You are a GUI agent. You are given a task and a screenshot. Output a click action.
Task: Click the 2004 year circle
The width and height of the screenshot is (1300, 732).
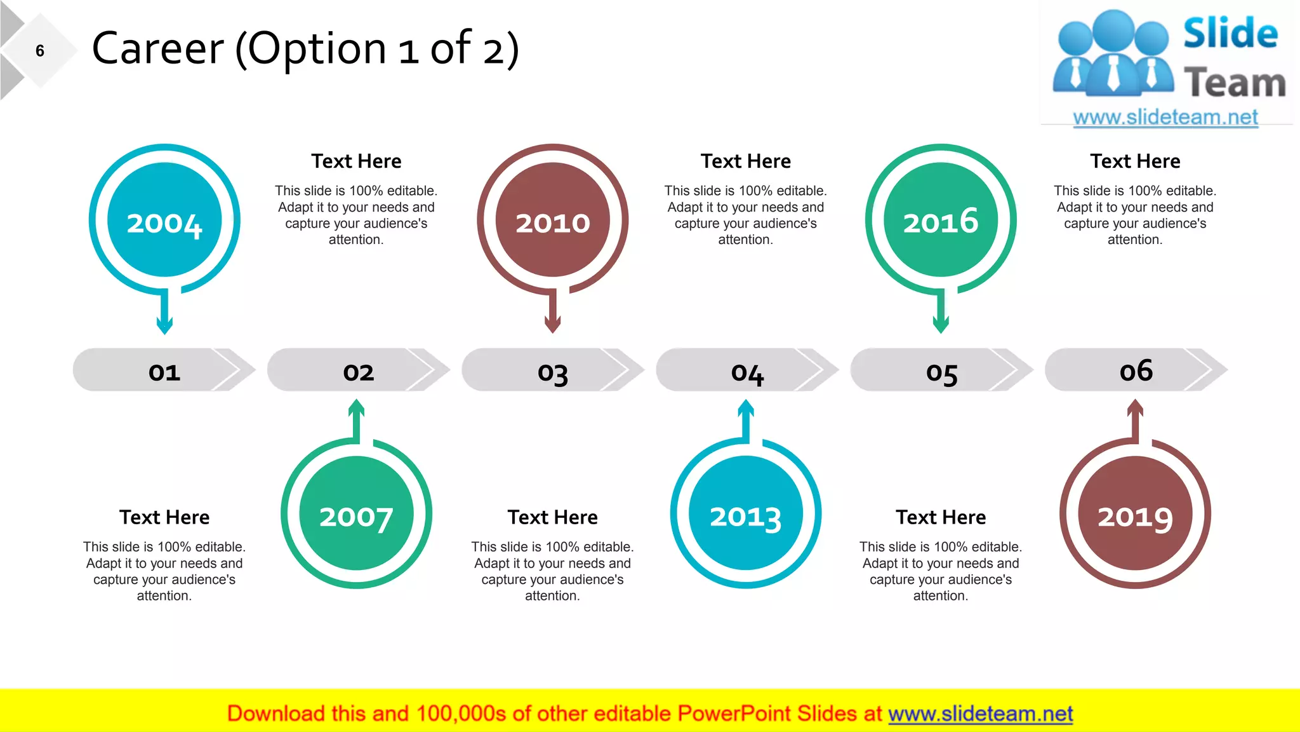point(164,220)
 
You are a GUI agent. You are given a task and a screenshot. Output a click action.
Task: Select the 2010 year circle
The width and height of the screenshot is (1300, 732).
point(553,220)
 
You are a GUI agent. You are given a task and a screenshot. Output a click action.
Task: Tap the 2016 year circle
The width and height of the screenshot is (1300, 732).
point(941,220)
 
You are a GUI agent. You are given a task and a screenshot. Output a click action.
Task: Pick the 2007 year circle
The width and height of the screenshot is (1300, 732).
point(356,513)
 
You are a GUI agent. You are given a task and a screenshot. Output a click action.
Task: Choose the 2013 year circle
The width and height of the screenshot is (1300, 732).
point(746,513)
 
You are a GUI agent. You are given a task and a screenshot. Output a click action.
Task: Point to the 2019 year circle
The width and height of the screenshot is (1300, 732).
point(1135,513)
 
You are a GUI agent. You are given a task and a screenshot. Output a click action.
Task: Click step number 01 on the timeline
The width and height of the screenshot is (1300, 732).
point(164,371)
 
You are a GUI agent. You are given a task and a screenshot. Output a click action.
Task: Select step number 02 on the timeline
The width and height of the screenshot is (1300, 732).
point(359,371)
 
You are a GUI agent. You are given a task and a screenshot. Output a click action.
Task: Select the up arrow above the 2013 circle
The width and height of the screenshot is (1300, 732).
point(746,419)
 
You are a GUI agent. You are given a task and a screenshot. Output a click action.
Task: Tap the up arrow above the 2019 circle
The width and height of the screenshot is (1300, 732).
point(1136,419)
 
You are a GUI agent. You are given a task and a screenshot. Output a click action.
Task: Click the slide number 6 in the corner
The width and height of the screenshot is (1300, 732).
point(40,51)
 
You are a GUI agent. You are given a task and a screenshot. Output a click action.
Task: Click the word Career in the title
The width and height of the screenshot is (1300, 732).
point(158,49)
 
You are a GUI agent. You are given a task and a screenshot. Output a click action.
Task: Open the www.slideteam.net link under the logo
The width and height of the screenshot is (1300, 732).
point(1165,117)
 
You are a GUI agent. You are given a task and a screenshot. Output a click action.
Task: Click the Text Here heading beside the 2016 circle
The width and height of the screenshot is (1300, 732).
point(1135,161)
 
